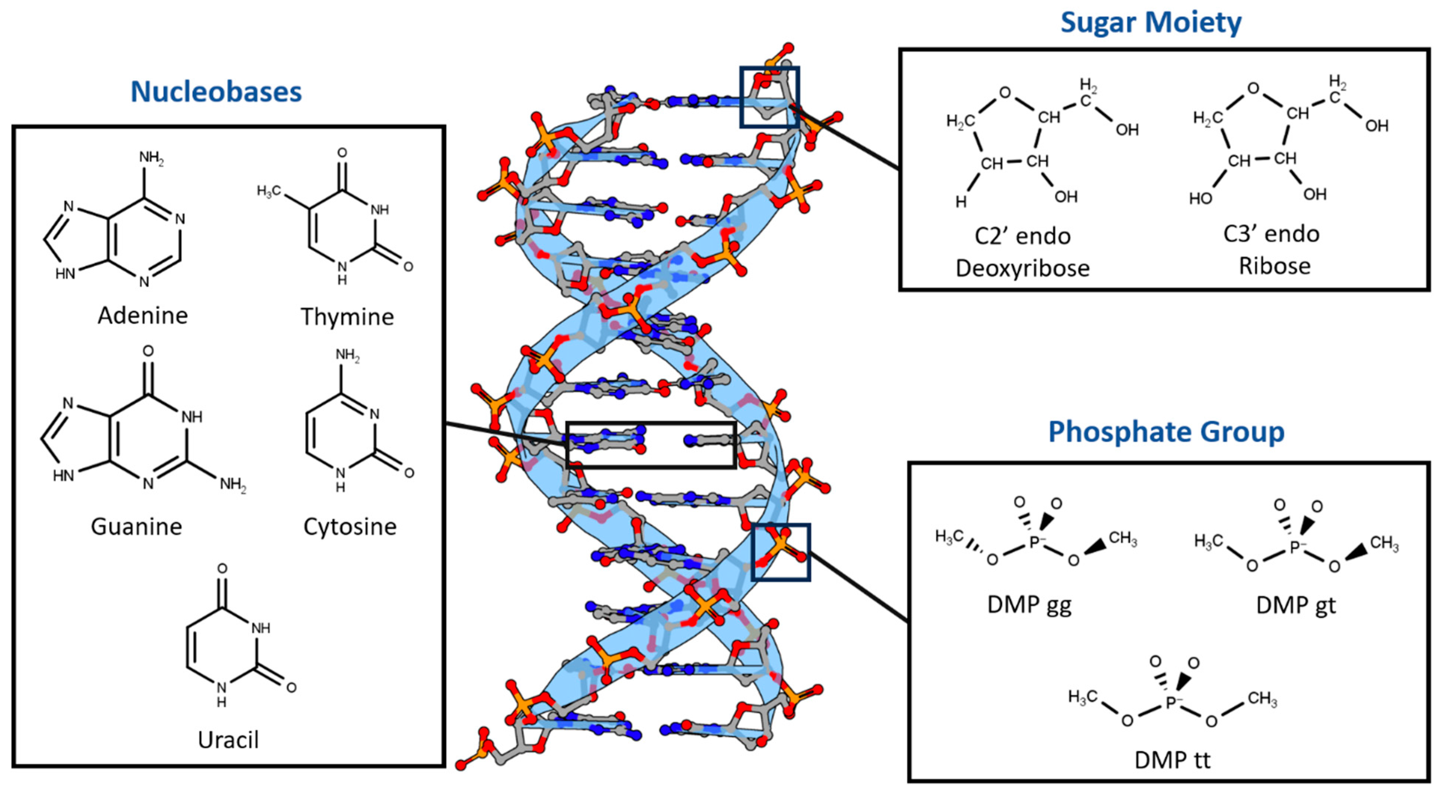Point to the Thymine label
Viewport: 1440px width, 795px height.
[347, 317]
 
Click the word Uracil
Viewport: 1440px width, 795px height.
[228, 740]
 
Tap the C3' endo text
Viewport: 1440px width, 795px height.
[1271, 234]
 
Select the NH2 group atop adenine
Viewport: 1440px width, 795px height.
[151, 158]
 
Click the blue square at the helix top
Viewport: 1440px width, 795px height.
[769, 69]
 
